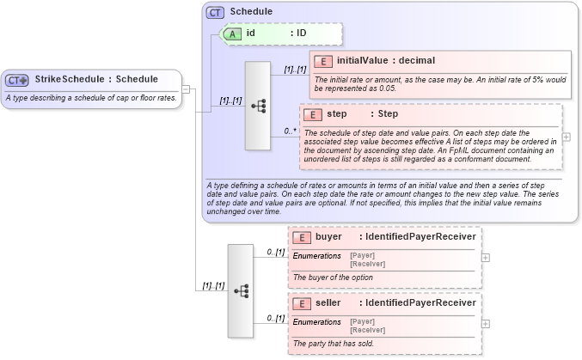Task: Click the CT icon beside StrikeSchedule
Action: (x=17, y=80)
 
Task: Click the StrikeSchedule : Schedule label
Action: (x=96, y=80)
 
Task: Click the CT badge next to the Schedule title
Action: (x=215, y=13)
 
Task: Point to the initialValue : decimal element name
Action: (x=386, y=61)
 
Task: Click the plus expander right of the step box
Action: (x=566, y=137)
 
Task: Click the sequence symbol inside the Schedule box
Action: (x=257, y=106)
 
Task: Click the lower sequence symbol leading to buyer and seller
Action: (x=241, y=290)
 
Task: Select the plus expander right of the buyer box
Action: (x=486, y=256)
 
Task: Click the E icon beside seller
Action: (x=302, y=303)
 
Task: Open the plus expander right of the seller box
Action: (x=486, y=323)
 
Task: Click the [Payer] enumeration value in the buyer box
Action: (x=362, y=255)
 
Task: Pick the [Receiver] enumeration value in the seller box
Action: (x=367, y=329)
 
